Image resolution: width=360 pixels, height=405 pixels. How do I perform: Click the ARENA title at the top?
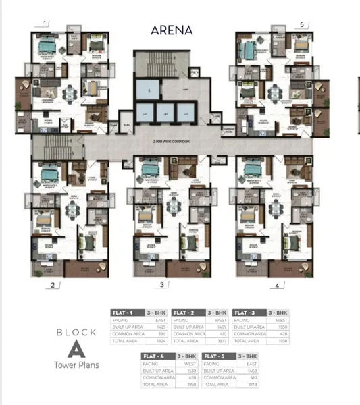click(172, 30)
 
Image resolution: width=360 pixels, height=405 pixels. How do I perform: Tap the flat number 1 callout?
click(45, 23)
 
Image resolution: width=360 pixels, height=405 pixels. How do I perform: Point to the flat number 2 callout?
click(52, 285)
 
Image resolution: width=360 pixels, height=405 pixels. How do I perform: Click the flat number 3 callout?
click(162, 286)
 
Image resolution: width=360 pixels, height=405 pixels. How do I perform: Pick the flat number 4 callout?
click(276, 286)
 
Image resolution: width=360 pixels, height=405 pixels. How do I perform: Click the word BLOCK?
click(76, 332)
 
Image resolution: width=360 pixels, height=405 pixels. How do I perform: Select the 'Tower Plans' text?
click(76, 365)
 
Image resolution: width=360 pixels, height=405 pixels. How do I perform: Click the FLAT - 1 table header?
click(123, 313)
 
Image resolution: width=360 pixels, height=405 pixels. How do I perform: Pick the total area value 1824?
click(161, 341)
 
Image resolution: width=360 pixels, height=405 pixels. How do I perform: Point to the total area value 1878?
click(252, 384)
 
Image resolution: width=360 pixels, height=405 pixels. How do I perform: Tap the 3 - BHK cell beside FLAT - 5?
click(248, 356)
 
